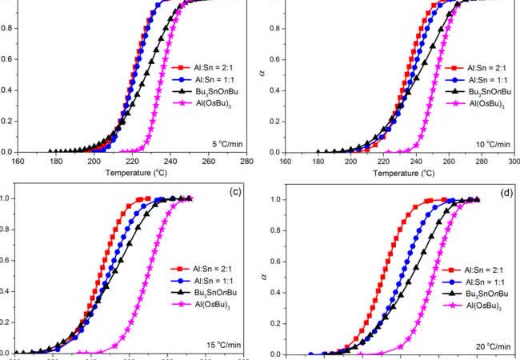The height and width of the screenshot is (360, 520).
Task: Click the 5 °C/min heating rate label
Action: point(226,143)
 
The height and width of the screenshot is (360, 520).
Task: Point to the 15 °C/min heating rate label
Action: point(223,345)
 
